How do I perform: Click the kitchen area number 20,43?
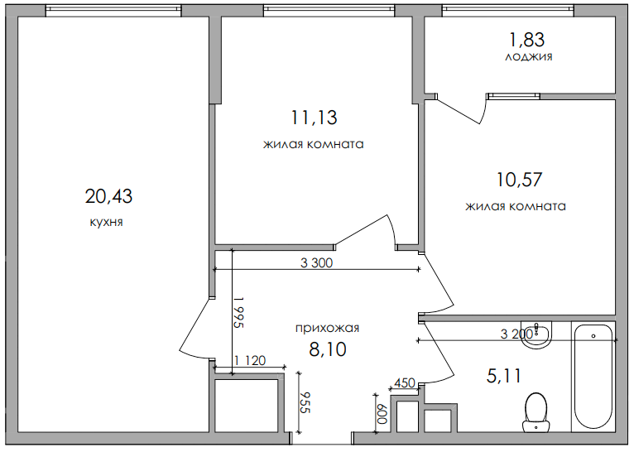click(x=108, y=196)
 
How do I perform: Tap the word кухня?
click(x=106, y=223)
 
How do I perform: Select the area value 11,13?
click(x=314, y=118)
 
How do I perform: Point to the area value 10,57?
click(x=519, y=179)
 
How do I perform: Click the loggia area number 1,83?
click(x=527, y=38)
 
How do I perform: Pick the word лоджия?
click(x=528, y=57)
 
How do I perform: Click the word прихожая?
click(x=327, y=328)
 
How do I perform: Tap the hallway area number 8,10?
click(x=327, y=349)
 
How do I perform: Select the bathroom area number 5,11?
click(x=504, y=377)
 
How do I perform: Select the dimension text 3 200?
click(x=516, y=334)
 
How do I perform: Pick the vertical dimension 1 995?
click(x=238, y=313)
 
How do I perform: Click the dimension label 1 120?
click(x=250, y=360)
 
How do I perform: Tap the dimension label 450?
click(x=404, y=382)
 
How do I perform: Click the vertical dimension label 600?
click(x=382, y=412)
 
